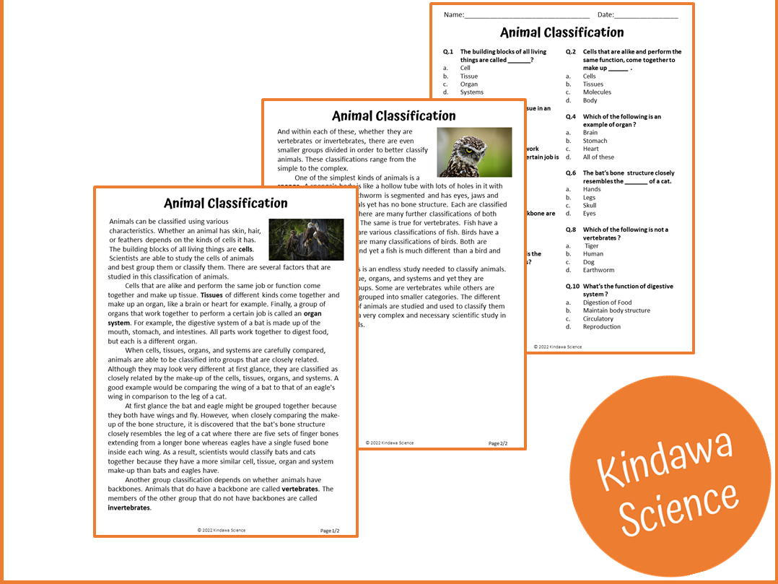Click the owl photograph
tap(474, 152)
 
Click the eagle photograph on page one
tap(306, 239)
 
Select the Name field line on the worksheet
tap(527, 16)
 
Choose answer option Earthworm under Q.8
tap(598, 270)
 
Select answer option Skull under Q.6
tap(590, 206)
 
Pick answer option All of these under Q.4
tap(598, 157)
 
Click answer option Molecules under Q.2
tap(597, 92)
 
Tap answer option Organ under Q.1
tap(468, 84)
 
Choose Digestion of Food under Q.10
tap(607, 302)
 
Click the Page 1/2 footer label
tap(330, 531)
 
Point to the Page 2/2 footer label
tap(498, 443)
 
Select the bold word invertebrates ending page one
tap(129, 507)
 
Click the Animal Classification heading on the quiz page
tap(561, 32)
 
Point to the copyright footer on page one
tap(221, 530)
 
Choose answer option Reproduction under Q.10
tap(601, 327)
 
